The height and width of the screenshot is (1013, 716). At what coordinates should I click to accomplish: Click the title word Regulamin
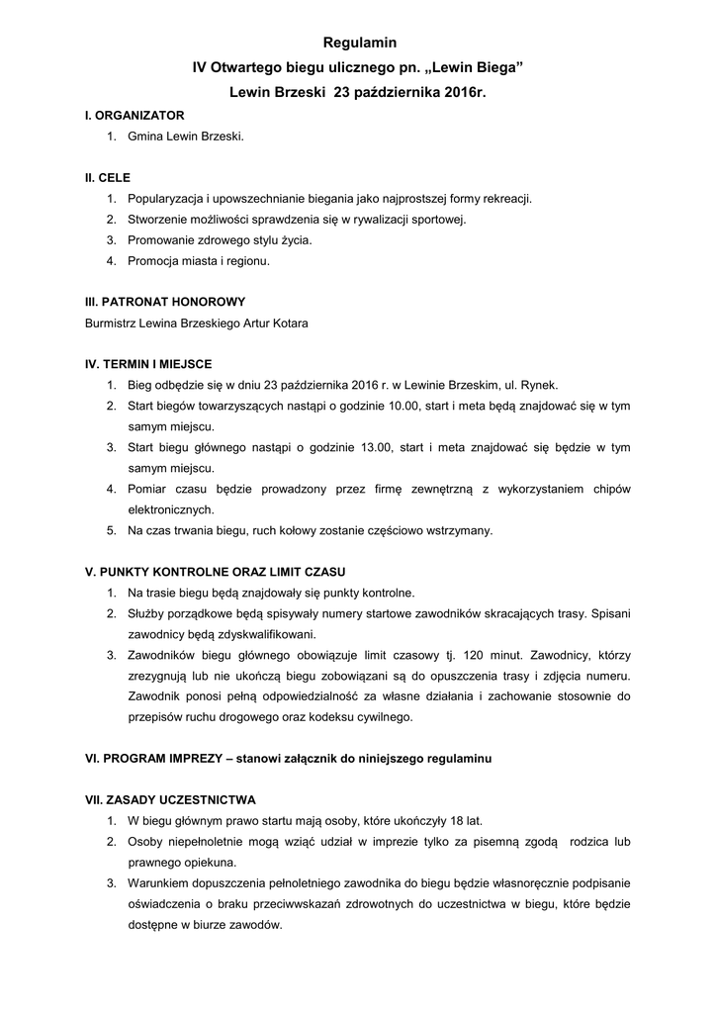pyautogui.click(x=358, y=44)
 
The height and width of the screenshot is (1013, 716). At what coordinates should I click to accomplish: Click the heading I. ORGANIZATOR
pyautogui.click(x=134, y=116)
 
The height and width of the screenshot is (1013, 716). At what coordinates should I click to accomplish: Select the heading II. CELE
pyautogui.click(x=108, y=178)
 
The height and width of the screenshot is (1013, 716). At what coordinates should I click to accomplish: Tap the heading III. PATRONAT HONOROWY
pyautogui.click(x=165, y=301)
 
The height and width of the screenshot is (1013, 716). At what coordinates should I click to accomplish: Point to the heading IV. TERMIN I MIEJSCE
pyautogui.click(x=149, y=364)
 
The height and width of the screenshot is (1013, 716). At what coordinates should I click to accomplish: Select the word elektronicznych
pyautogui.click(x=170, y=509)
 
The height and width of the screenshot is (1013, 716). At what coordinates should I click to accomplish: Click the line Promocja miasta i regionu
pyautogui.click(x=199, y=261)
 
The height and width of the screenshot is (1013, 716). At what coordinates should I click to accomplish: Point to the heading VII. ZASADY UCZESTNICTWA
pyautogui.click(x=171, y=799)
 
